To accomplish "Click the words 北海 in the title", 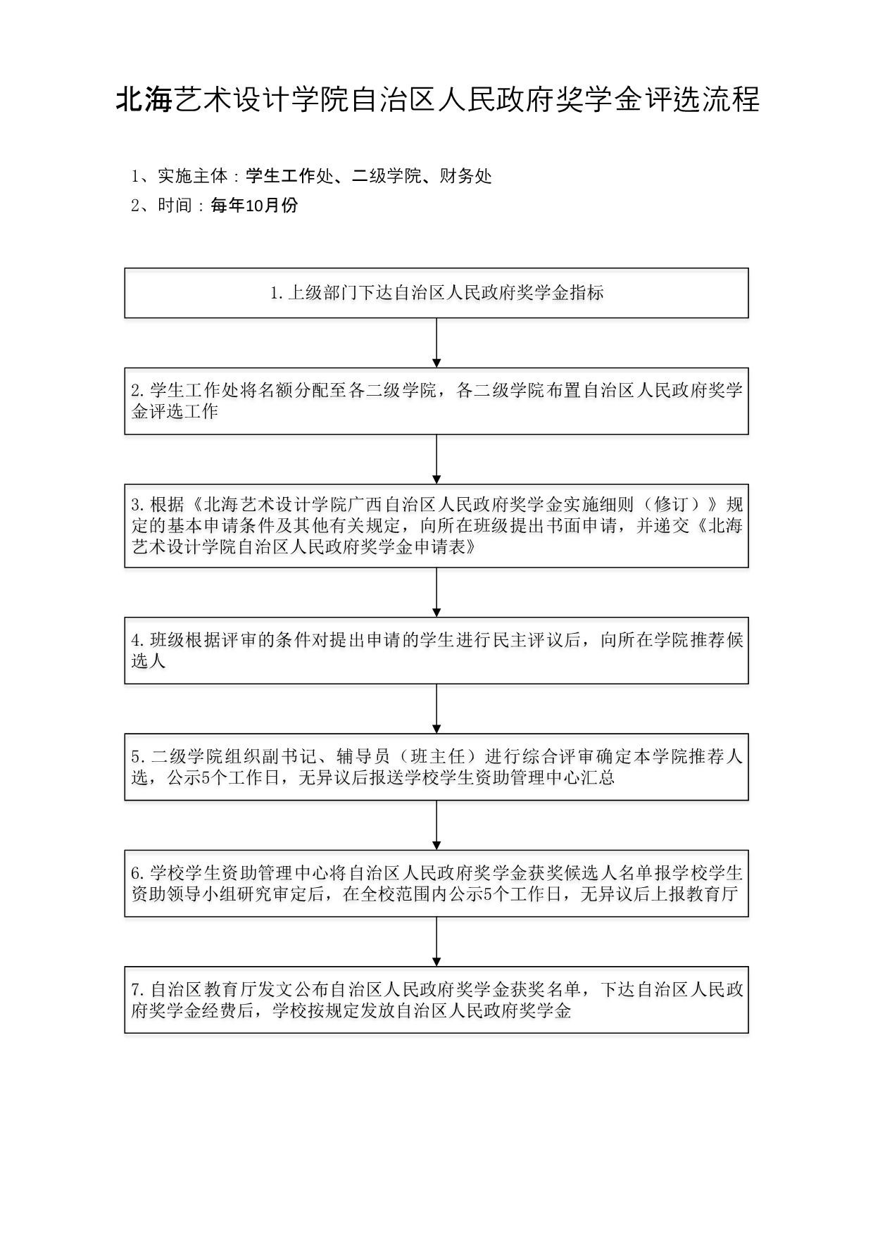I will [x=144, y=100].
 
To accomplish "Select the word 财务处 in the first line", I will [x=465, y=176].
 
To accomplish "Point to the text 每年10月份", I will [x=254, y=206].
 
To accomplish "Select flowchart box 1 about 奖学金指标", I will [x=436, y=293].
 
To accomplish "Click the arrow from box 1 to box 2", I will [x=436, y=343].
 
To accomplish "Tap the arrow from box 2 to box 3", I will [x=436, y=459].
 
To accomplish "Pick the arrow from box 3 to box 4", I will [x=436, y=592].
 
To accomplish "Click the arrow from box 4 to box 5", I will [x=436, y=709].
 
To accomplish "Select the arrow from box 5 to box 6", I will [x=436, y=825].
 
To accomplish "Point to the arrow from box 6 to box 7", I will [x=436, y=941].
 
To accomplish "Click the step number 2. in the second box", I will [x=138, y=391].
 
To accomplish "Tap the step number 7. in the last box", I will [x=138, y=990].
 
